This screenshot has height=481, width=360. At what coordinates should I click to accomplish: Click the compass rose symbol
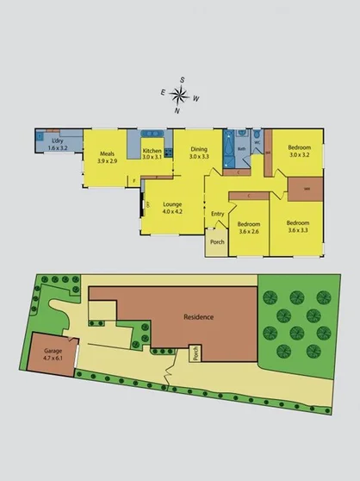(180, 94)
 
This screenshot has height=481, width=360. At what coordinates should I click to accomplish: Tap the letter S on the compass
(182, 79)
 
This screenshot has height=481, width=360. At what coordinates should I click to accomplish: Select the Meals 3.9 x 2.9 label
(107, 155)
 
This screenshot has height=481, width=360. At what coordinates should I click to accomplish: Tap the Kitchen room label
(152, 154)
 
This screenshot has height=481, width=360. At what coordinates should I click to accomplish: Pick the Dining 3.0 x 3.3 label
(199, 153)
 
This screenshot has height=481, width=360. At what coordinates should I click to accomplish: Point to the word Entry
(217, 214)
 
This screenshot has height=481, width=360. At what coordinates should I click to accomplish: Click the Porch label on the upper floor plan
(216, 243)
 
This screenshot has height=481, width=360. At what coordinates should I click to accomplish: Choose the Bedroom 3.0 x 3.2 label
(300, 151)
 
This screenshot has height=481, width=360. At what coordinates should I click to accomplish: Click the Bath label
(244, 148)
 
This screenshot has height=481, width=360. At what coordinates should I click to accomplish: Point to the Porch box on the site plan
(196, 353)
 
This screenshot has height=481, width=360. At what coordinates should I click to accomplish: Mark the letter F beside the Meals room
(134, 180)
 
